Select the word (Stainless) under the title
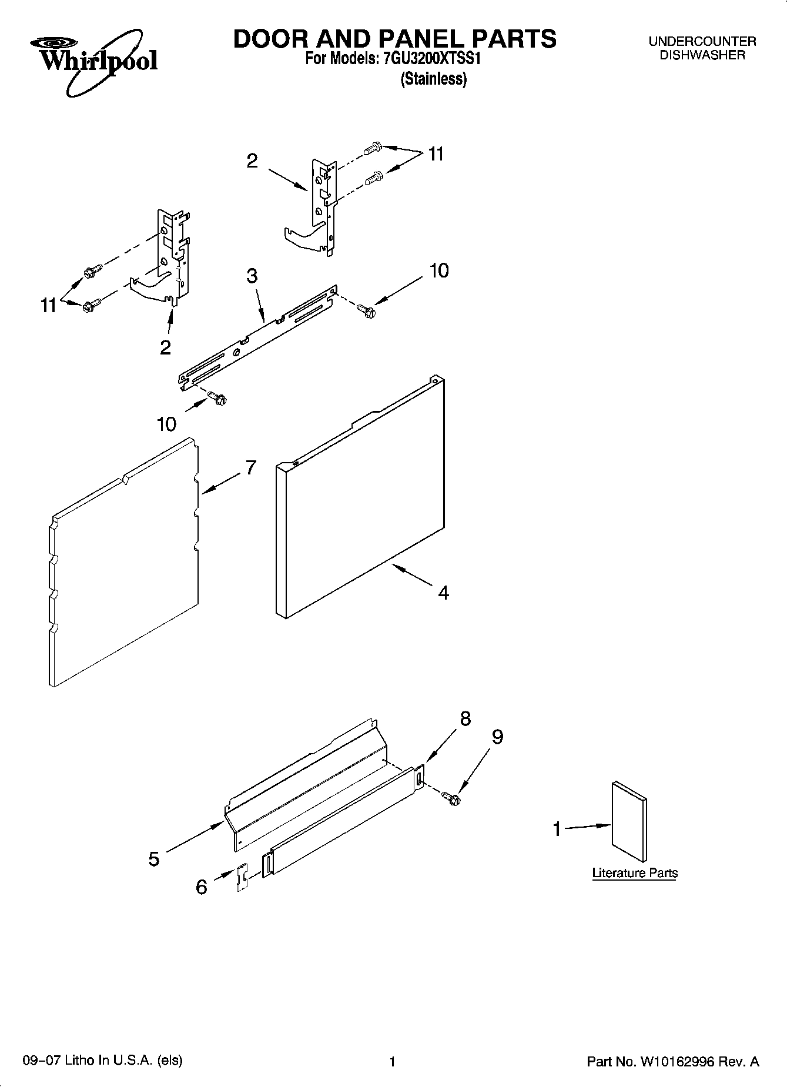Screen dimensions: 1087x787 [434, 79]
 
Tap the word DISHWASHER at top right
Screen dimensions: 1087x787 [702, 55]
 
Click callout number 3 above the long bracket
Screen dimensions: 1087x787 [252, 275]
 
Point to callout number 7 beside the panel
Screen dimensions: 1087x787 [250, 468]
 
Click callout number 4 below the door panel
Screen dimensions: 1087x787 [444, 593]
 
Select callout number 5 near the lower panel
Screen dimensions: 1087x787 [154, 859]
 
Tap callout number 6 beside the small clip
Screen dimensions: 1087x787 [201, 887]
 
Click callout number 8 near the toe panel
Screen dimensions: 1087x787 [465, 718]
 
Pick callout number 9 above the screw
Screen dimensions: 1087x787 [497, 737]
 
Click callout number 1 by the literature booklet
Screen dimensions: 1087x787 [557, 830]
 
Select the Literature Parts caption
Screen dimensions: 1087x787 [635, 873]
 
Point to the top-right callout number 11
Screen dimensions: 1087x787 [436, 154]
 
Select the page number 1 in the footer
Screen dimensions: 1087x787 [392, 1062]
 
